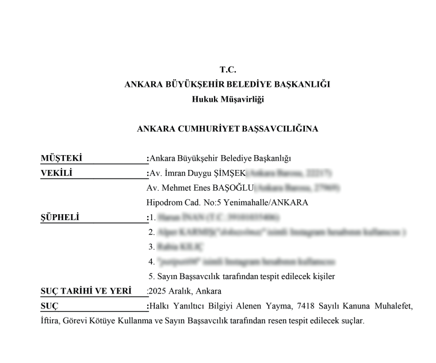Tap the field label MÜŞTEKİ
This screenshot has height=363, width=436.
62,158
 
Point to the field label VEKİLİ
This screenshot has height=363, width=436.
56,173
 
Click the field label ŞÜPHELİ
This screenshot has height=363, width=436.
60,217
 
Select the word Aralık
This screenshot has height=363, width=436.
181,291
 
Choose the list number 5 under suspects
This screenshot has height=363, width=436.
151,276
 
